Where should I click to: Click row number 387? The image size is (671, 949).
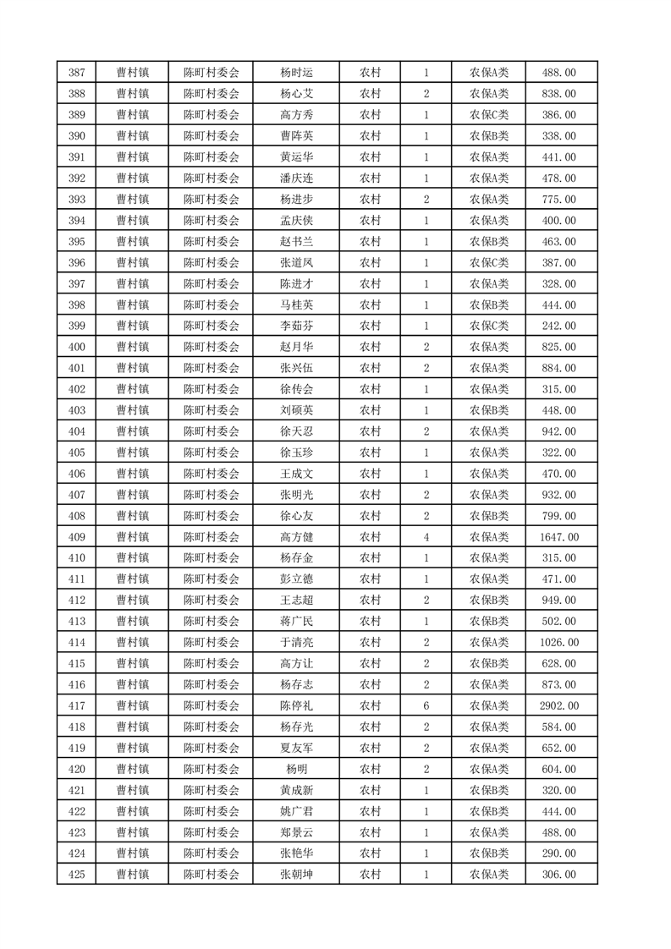75,73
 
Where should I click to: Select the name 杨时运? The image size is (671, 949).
296,73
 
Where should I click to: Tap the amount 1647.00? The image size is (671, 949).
561,537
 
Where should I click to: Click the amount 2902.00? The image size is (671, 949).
561,705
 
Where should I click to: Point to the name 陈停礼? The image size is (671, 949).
296,705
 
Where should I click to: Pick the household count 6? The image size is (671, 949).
426,705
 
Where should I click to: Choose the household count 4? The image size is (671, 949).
426,537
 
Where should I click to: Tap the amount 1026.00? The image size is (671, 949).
561,642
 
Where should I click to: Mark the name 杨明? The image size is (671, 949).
296,769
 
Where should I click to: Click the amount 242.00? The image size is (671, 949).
561,326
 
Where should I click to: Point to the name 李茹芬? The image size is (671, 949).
296,326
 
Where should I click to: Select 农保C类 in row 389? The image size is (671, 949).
488,115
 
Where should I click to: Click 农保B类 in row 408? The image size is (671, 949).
488,516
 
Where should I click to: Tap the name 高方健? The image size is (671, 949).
296,537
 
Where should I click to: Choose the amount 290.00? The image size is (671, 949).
561,853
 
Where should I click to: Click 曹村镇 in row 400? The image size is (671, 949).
132,347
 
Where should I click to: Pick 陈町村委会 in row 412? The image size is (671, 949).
212,601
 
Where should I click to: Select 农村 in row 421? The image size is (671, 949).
370,790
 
